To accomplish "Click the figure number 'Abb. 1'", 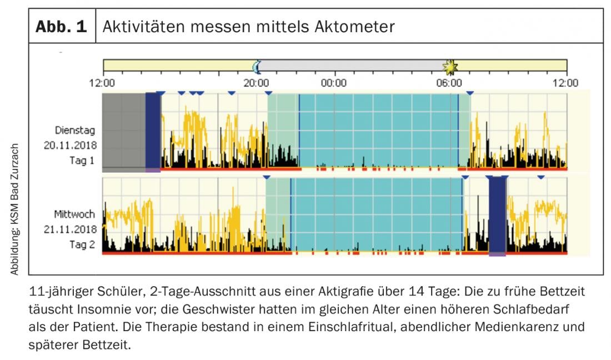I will tap(62, 27).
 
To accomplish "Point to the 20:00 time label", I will tap(256, 83).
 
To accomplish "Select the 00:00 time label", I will tap(334, 83).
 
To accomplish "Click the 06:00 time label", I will tap(449, 83).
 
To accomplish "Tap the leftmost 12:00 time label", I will tap(102, 83).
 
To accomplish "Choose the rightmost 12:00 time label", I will tap(566, 83).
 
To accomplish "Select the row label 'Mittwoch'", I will tap(74, 214).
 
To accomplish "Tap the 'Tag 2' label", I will tap(82, 244).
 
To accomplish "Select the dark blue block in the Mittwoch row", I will tap(497, 216).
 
